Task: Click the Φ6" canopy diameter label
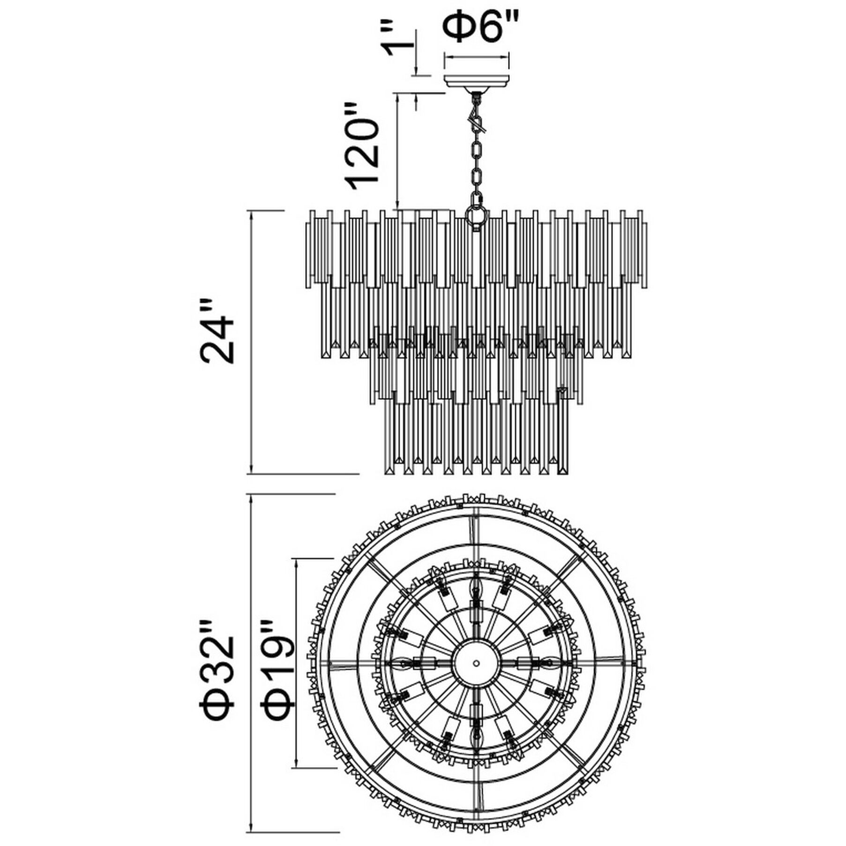pos(476,29)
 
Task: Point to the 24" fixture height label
pos(217,332)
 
